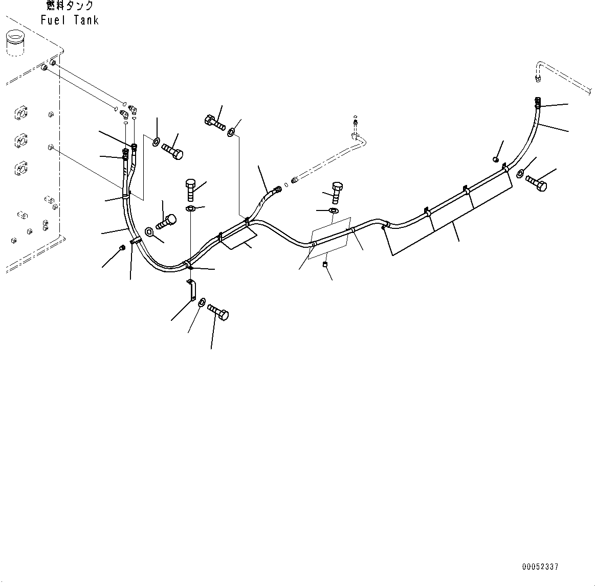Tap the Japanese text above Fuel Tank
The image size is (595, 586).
point(70,6)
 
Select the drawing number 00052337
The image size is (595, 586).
point(540,567)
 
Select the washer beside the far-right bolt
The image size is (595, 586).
point(520,174)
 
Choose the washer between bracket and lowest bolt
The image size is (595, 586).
point(202,302)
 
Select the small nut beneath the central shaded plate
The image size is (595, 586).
point(324,264)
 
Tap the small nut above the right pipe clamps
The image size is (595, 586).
point(496,160)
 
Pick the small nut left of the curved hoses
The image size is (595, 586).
point(122,248)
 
